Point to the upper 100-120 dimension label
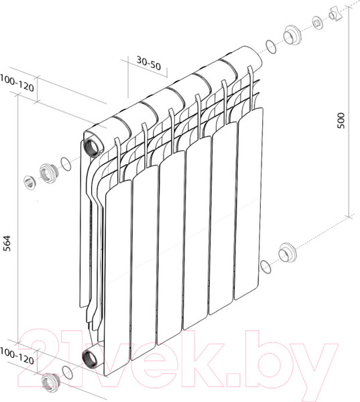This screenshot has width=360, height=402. [16, 86]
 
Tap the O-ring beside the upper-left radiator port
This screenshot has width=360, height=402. [65, 163]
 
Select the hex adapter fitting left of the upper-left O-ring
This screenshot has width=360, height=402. [46, 172]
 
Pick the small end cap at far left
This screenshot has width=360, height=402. [29, 181]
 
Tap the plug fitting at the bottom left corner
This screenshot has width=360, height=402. [48, 383]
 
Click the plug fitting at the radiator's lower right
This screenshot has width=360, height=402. [287, 253]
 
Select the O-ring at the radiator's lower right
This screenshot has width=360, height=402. [266, 267]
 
